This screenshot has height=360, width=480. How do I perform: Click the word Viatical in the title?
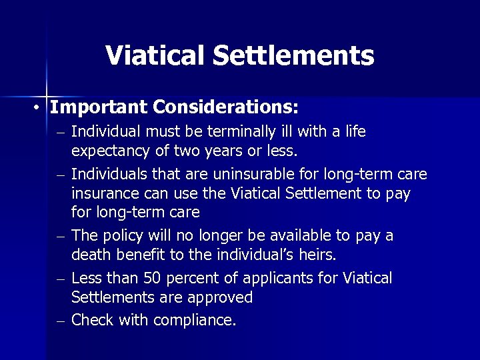(155, 55)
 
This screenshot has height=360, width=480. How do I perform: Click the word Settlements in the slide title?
(294, 55)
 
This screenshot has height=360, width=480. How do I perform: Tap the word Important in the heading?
(99, 107)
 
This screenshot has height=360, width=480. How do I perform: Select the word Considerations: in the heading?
(226, 107)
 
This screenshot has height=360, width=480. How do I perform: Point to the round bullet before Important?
(40, 108)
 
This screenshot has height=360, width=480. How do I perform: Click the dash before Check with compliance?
(61, 321)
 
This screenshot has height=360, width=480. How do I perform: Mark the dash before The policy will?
(61, 237)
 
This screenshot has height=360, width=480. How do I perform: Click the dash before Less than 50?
(61, 279)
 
